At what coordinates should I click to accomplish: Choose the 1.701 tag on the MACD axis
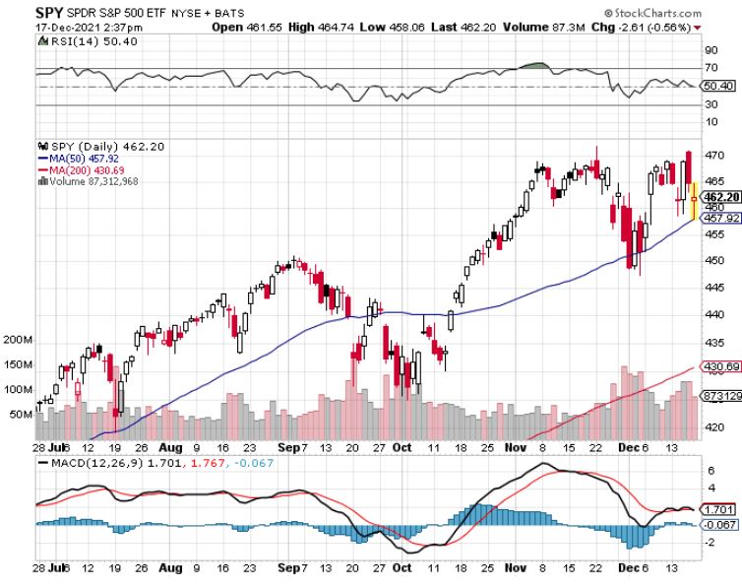717,509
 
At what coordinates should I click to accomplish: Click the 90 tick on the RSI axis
711,47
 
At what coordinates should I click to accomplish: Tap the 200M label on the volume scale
18,339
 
